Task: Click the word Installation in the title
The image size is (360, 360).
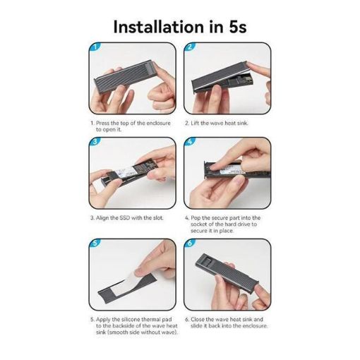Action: (x=158, y=27)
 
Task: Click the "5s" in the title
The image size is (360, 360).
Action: (x=237, y=27)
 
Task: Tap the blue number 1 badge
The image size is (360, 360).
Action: (x=95, y=47)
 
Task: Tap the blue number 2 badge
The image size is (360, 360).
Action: (x=190, y=47)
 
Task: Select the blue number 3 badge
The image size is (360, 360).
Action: (x=95, y=142)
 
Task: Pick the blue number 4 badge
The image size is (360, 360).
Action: (x=190, y=142)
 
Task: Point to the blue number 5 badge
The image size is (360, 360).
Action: (x=95, y=243)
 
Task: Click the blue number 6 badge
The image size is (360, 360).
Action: (x=190, y=243)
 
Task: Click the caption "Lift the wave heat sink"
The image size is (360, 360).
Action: (x=219, y=123)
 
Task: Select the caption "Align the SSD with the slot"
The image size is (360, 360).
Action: (x=129, y=218)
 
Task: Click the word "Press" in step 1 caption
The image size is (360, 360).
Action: (x=102, y=123)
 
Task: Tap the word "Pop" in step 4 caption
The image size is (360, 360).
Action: (x=196, y=218)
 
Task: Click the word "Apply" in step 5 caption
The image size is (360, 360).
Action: (x=103, y=320)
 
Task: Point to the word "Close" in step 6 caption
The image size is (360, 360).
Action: (x=198, y=319)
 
